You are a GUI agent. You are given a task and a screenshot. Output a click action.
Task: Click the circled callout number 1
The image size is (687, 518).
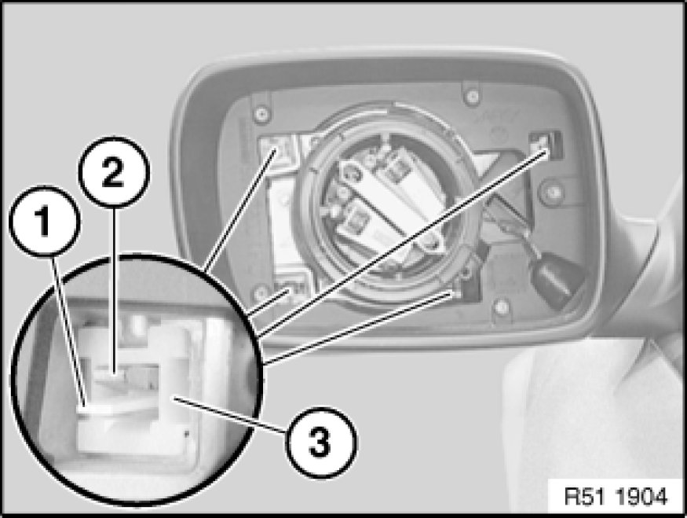(45, 221)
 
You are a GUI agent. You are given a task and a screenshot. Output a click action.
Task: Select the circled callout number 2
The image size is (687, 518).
(114, 172)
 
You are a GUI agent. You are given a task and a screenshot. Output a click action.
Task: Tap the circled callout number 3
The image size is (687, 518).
(321, 442)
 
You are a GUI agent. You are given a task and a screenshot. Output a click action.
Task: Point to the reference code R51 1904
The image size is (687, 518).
(616, 497)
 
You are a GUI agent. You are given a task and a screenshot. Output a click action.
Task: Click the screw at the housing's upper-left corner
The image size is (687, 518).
(261, 114)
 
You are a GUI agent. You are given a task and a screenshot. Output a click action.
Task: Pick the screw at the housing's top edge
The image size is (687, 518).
(472, 95)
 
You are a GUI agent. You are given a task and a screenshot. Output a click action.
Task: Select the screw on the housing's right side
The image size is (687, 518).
(553, 192)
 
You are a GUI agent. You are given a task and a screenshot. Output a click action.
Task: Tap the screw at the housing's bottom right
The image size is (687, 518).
(502, 306)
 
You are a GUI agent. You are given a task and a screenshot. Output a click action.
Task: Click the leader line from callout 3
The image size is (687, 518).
(229, 415)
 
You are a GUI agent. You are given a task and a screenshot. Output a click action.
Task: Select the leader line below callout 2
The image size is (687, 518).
(114, 290)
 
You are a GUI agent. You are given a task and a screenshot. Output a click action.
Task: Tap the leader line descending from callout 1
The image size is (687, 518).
(68, 329)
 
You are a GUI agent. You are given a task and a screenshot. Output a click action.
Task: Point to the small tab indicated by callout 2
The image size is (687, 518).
(114, 374)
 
